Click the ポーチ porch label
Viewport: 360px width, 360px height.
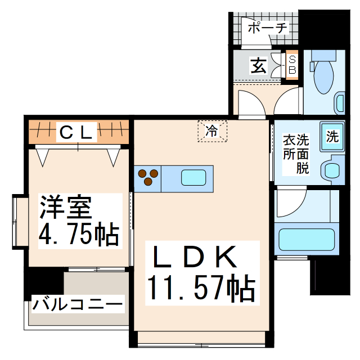(267, 27)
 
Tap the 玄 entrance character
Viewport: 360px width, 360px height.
(258, 66)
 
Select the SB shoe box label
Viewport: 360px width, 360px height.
(292, 65)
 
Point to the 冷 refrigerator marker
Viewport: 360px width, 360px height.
(212, 131)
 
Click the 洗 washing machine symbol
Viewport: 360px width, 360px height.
(332, 136)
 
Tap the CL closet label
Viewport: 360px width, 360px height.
(76, 133)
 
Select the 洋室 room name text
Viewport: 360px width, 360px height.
(65, 208)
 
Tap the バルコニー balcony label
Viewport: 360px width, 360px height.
(77, 305)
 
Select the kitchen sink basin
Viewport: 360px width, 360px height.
(193, 178)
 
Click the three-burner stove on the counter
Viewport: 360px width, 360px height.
(148, 177)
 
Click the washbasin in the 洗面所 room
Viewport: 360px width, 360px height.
(332, 169)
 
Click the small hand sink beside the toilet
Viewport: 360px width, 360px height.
(340, 103)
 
